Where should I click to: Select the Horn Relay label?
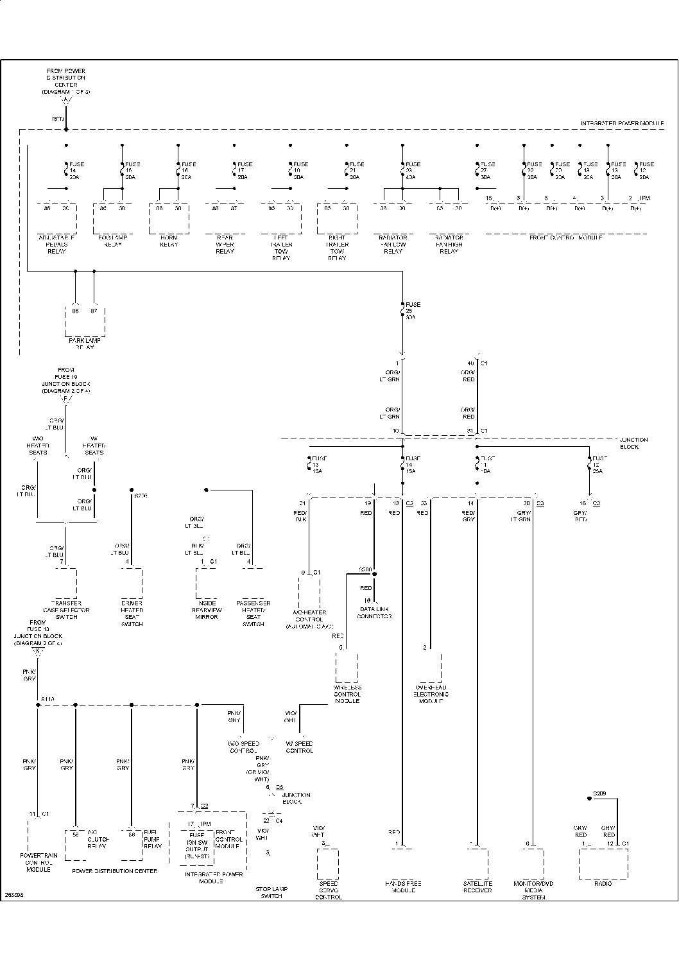point(169,241)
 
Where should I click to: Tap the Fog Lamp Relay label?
point(113,241)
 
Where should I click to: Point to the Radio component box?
point(603,863)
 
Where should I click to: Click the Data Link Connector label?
point(375,612)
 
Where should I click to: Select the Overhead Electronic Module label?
point(431,695)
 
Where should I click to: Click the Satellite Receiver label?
point(477,887)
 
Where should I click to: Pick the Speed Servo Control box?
point(328,863)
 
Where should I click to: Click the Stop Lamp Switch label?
point(271,893)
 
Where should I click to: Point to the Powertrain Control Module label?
point(39,863)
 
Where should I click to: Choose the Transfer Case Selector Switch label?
point(67,610)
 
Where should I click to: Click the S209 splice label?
point(599,793)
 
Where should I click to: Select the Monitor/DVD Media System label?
point(533,890)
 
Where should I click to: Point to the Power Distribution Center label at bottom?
point(115,871)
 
